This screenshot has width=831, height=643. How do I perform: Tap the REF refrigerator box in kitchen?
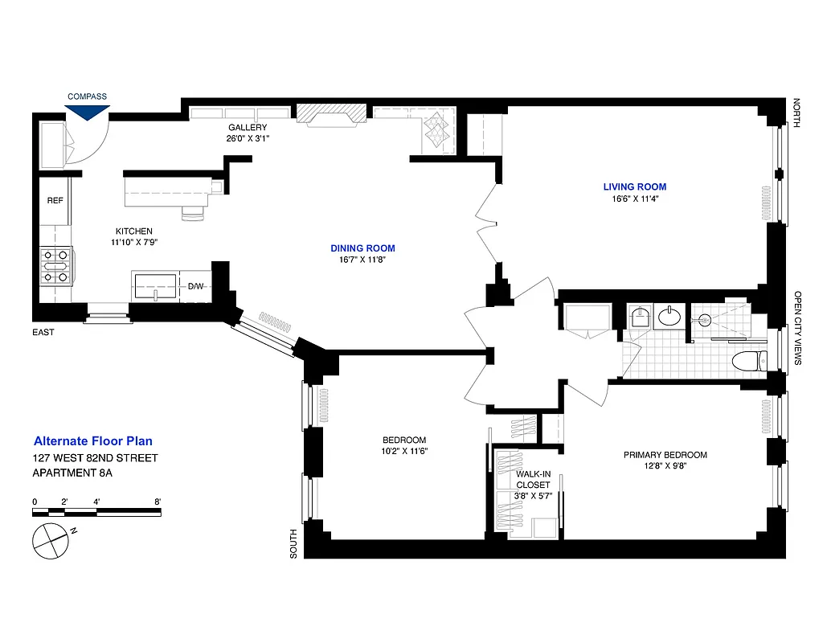[55, 201]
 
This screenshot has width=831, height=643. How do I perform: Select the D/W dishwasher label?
[196, 286]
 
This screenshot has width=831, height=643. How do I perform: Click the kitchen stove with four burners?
[56, 266]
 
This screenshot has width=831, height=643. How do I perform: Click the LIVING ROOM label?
[634, 187]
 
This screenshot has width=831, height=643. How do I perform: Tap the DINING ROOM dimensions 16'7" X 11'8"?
[362, 260]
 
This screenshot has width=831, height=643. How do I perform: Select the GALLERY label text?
[247, 128]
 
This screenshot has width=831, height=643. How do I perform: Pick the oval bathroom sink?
[669, 317]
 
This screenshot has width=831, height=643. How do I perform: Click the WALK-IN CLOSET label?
[533, 479]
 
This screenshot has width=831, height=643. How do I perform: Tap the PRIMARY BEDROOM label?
[665, 455]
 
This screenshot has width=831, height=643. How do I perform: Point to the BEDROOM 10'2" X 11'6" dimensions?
[404, 451]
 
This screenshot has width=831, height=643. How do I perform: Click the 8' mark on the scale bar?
[158, 502]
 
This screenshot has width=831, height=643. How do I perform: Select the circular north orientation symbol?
[50, 539]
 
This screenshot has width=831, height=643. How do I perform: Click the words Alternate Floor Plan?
[92, 441]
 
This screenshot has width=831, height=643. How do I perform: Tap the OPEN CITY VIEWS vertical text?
[798, 328]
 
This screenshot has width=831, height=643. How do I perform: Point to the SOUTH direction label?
[294, 543]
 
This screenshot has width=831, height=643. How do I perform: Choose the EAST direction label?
[43, 332]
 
